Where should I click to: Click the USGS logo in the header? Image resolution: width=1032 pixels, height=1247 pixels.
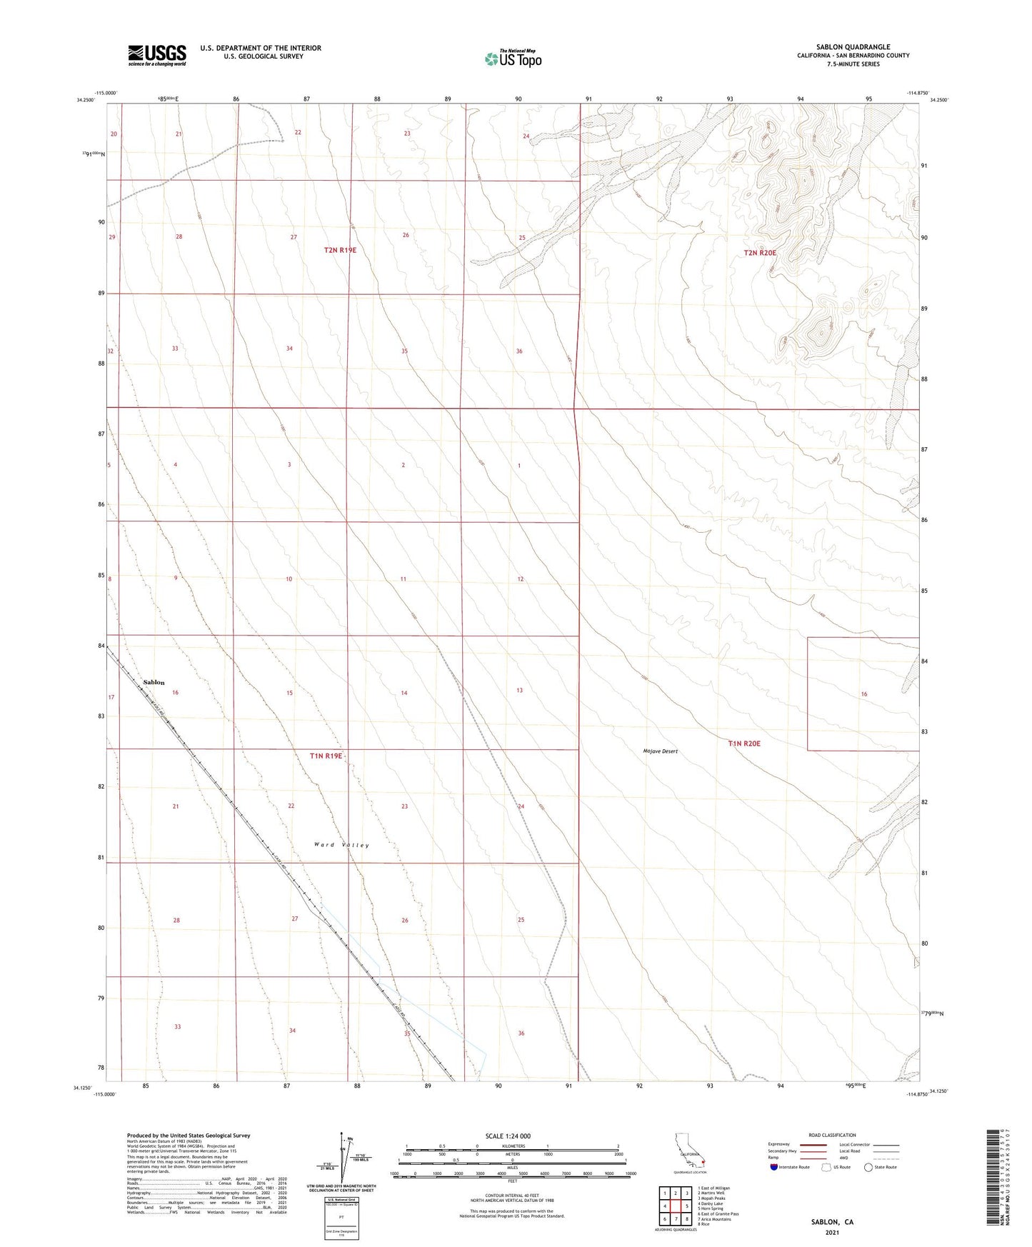157,55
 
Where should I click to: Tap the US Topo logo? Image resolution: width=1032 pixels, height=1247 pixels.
513,59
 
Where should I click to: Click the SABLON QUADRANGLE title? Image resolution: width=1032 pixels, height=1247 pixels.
853,47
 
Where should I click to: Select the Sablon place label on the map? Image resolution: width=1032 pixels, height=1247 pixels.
154,682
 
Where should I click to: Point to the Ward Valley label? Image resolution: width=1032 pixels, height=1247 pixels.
341,845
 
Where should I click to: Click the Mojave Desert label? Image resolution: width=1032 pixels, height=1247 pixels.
660,751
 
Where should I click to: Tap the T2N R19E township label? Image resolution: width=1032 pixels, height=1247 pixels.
340,250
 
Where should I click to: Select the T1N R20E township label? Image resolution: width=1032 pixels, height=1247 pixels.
744,743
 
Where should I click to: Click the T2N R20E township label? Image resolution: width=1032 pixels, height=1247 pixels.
759,253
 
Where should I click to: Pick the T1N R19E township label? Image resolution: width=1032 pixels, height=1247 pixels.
326,756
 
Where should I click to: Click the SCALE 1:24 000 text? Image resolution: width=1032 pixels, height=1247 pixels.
508,1136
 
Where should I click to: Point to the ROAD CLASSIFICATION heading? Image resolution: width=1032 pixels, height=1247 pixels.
832,1135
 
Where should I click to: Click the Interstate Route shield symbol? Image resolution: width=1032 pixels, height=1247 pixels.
774,1167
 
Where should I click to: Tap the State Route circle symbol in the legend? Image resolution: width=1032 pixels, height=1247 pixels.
868,1167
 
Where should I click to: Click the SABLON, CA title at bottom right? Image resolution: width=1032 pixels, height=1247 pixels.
832,1222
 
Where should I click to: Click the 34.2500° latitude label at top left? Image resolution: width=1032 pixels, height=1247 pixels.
86,101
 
